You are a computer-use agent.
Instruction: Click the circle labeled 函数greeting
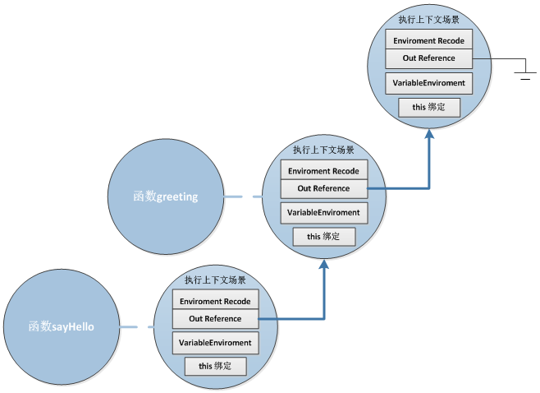click(166, 196)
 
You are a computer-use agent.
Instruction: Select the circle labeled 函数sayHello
click(62, 326)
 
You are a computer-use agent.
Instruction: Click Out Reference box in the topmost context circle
click(428, 58)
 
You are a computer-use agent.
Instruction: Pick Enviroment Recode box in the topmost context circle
click(428, 40)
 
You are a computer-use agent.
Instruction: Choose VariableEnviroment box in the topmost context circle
click(428, 83)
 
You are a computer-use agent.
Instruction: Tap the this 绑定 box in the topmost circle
click(428, 107)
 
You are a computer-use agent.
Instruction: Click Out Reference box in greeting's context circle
click(323, 188)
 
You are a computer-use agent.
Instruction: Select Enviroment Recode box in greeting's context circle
click(323, 170)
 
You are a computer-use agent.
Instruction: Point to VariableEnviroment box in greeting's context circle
click(323, 212)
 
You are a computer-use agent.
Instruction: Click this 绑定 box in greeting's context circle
click(323, 236)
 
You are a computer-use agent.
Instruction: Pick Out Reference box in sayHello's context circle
click(215, 318)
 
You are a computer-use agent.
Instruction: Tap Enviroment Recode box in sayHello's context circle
click(215, 301)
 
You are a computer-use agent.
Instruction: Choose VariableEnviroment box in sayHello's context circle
click(215, 342)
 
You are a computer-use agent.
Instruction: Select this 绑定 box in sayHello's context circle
click(215, 365)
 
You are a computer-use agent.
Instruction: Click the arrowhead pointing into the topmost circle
click(429, 134)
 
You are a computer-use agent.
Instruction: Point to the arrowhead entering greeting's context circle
click(324, 264)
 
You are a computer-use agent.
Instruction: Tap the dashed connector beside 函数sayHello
click(136, 327)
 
